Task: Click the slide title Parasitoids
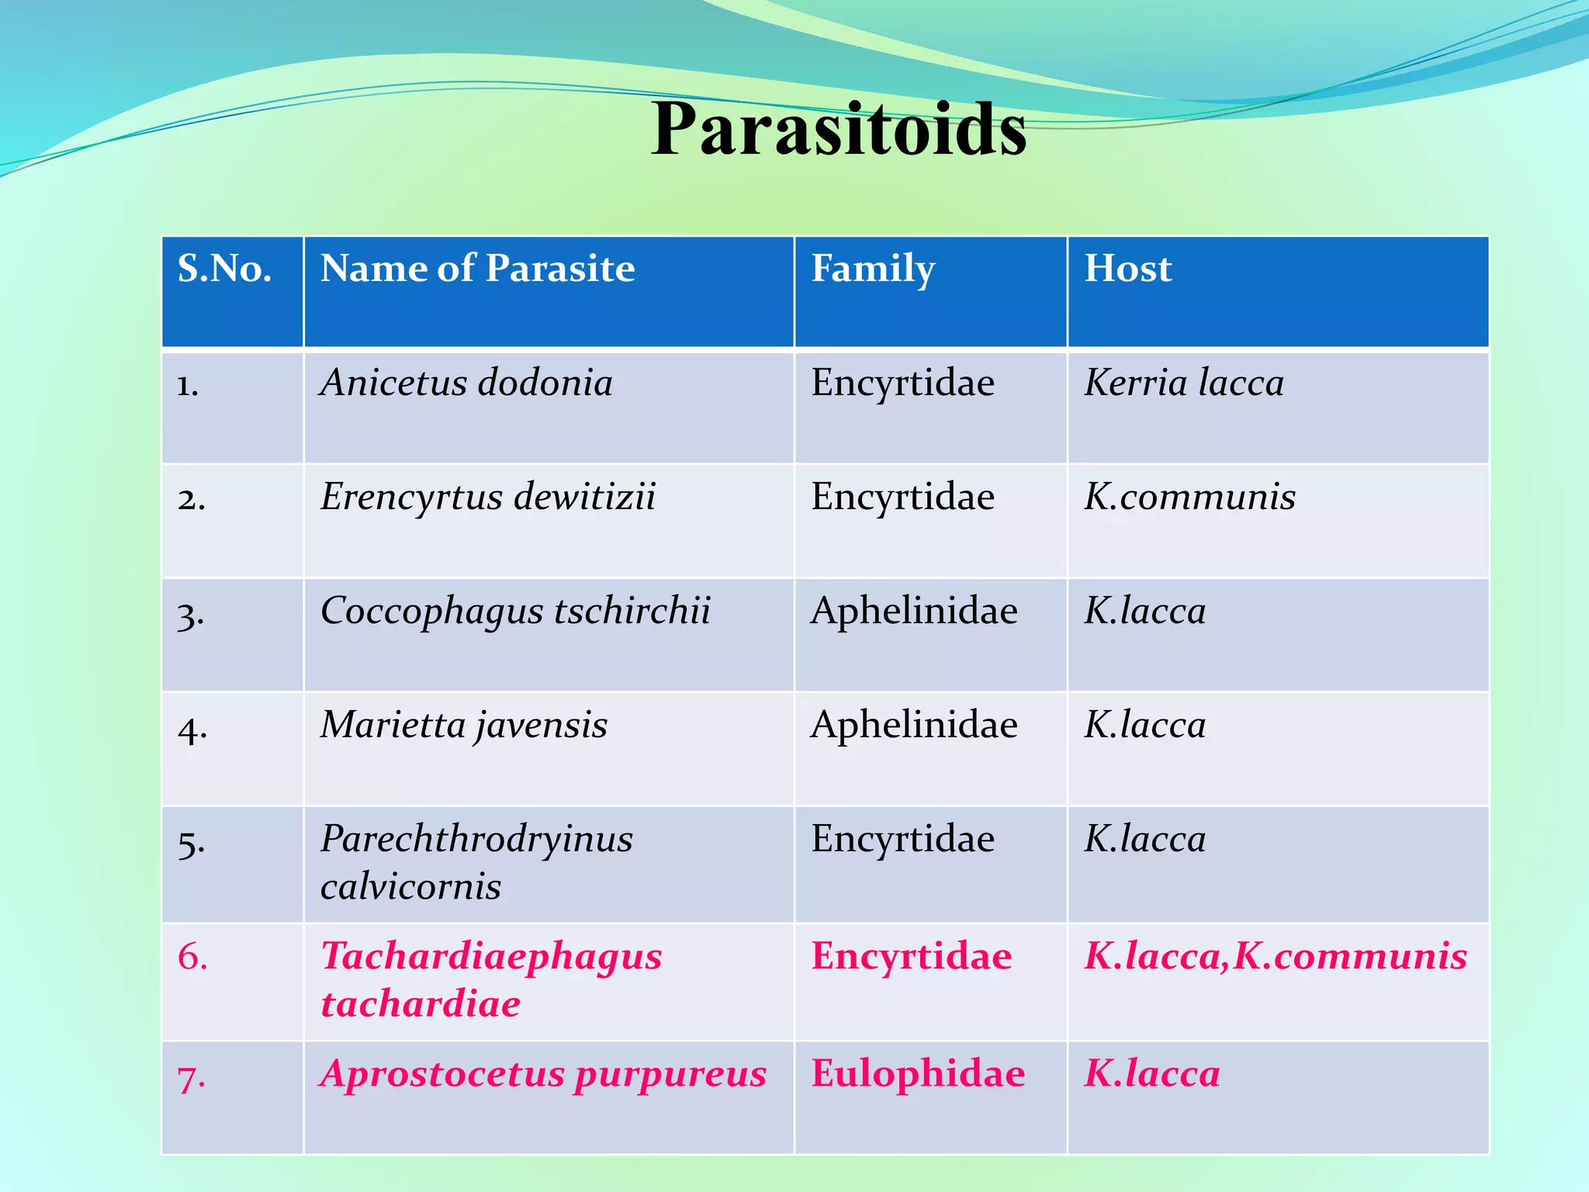839,129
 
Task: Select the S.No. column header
224,269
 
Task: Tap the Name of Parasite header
477,269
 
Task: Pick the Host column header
1127,269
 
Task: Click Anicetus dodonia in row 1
466,383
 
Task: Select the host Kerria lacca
1184,383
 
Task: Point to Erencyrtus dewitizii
488,497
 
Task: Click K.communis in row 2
1189,497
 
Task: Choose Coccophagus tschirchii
515,611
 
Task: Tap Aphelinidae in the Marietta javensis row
914,725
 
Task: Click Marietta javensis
464,725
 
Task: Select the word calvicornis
410,886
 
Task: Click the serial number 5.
191,841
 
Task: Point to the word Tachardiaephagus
491,955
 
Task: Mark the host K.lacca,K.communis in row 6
1275,955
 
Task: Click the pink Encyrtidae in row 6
911,955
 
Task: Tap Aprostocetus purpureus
543,1074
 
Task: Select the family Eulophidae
918,1074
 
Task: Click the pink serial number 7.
191,1077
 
